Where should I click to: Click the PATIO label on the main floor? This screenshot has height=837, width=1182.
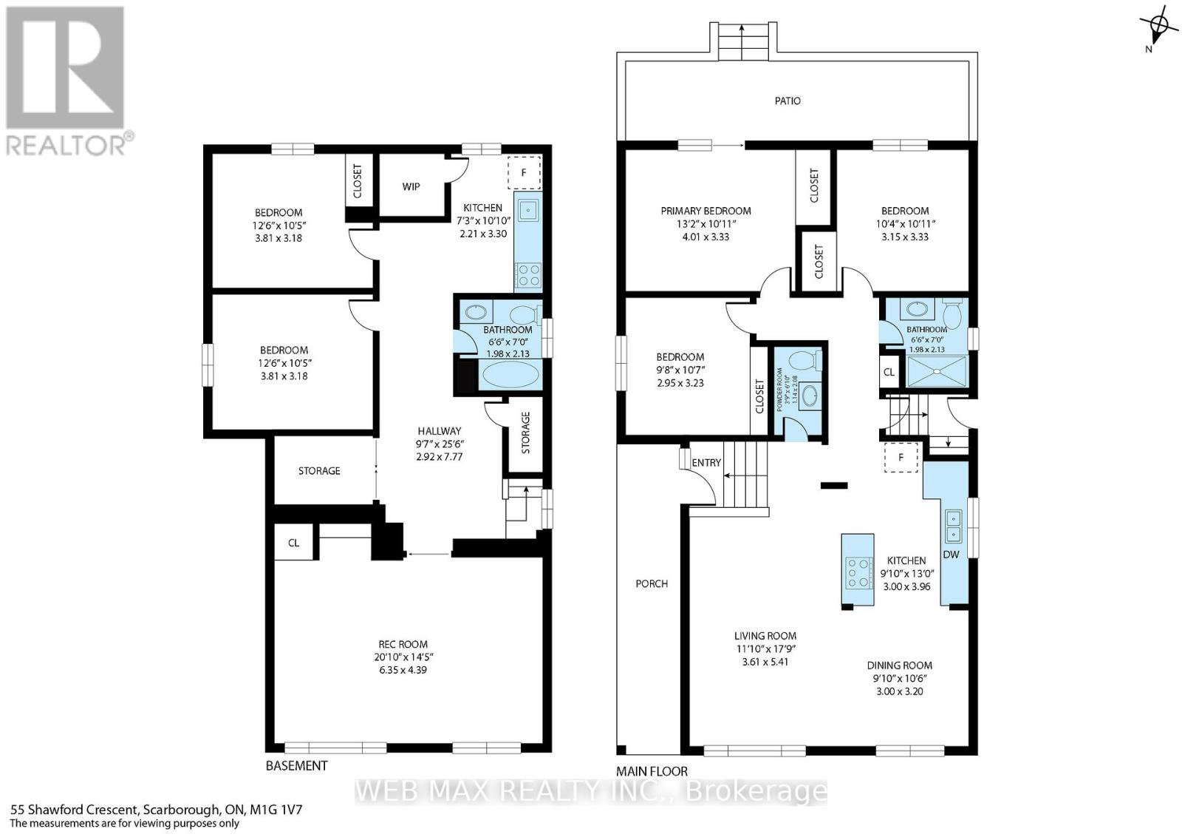pos(787,101)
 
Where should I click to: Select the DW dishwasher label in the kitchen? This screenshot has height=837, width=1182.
pos(951,555)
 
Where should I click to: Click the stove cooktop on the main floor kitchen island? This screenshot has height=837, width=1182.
pos(858,572)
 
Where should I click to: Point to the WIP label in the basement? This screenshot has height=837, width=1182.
pos(411,186)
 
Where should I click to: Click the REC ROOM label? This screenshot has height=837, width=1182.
pos(403,644)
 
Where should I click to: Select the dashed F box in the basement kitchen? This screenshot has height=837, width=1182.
pos(524,172)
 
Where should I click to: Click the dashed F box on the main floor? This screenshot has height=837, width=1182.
pos(901,457)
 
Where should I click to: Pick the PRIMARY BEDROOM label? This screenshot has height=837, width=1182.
pos(706,211)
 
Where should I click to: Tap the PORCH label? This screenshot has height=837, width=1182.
pos(652,583)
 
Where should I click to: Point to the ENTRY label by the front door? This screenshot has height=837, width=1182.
pos(706,462)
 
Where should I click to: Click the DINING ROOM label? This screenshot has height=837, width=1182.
pos(899,665)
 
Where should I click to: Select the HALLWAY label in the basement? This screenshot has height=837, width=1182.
pos(439,431)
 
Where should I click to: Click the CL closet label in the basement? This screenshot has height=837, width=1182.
pos(293,543)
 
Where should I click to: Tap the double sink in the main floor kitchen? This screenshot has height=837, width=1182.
pos(954,525)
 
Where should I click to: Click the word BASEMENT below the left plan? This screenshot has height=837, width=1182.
pos(296,765)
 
